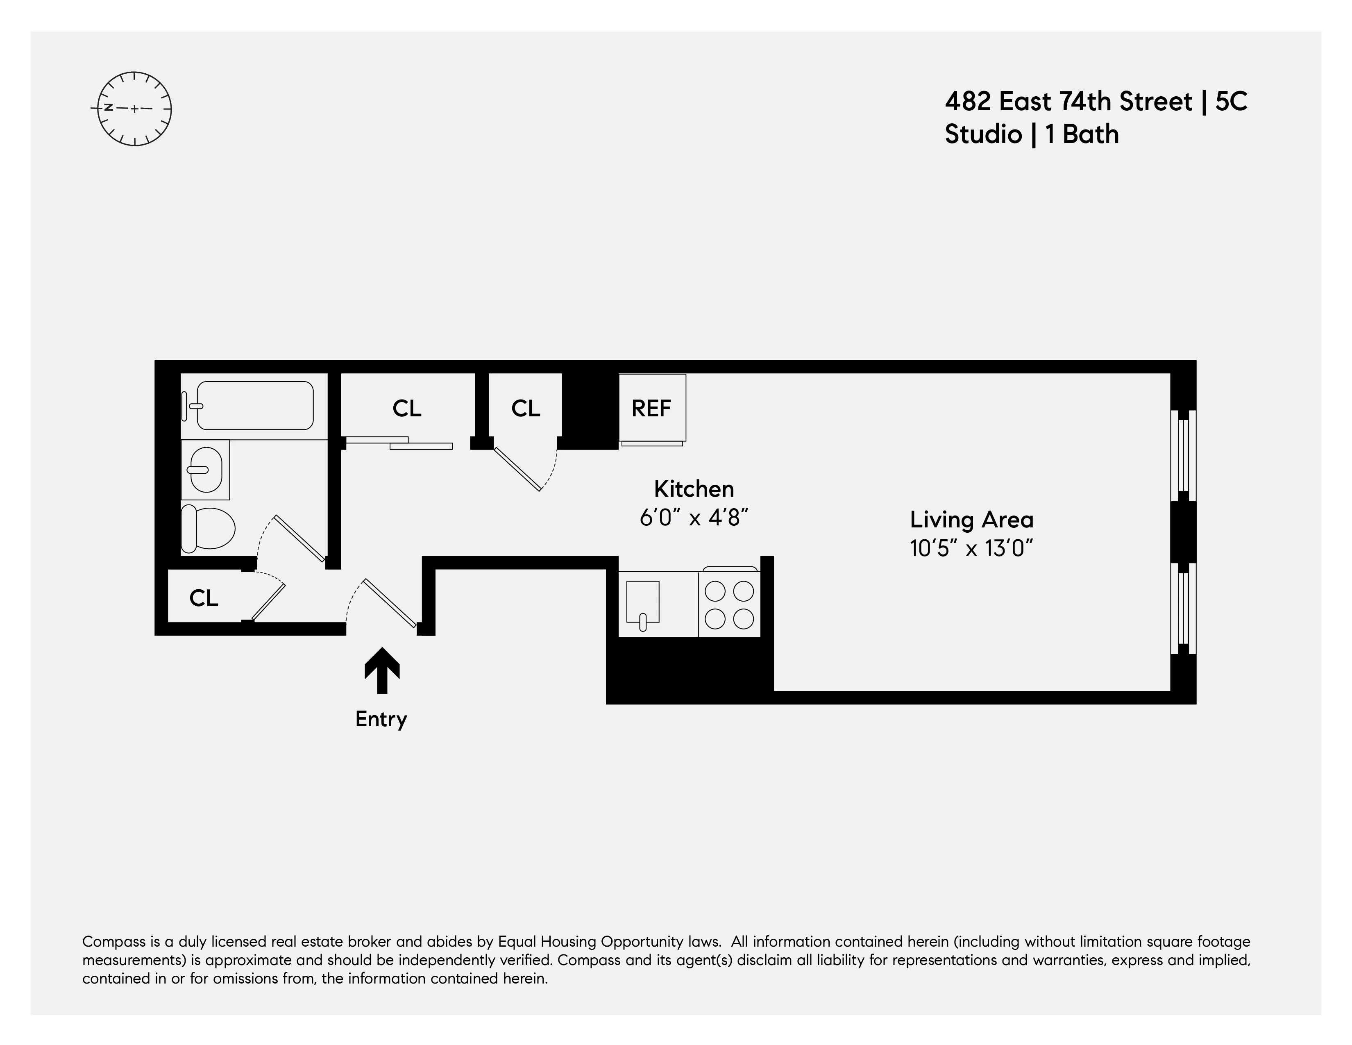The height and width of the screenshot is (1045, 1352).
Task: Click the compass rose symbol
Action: [134, 109]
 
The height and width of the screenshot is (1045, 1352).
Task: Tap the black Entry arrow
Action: [382, 671]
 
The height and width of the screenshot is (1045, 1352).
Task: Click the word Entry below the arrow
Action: [381, 719]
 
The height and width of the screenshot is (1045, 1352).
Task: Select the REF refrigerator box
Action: [652, 408]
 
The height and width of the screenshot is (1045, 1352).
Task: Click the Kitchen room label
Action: [694, 489]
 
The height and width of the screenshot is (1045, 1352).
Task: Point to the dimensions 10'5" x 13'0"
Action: [971, 548]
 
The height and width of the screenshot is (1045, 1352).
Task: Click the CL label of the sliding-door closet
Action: [407, 408]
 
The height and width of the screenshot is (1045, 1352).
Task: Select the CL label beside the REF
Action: [526, 408]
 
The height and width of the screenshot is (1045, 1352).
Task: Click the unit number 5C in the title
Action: [1231, 102]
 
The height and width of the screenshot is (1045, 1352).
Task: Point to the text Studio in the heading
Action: [982, 134]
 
